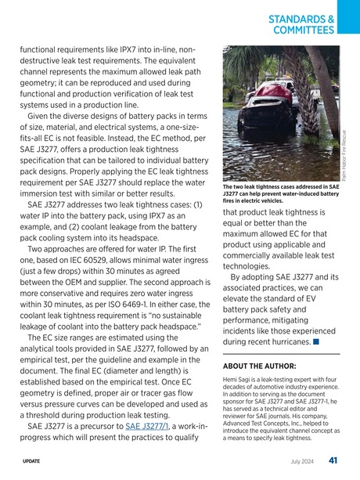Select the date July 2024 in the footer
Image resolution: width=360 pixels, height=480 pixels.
point(304,461)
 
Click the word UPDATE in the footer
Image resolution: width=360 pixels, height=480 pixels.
point(33,461)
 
